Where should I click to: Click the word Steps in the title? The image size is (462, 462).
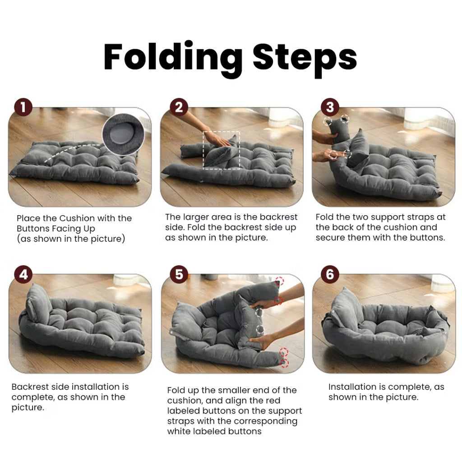[x=305, y=58]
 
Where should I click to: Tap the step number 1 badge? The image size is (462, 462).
[x=23, y=108]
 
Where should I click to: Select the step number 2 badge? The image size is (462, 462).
[x=179, y=108]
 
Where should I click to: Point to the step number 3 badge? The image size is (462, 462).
[x=330, y=108]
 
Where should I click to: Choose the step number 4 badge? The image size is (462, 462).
[x=23, y=275]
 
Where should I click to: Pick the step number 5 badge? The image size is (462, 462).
[x=179, y=275]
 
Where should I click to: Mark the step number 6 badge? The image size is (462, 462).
[x=330, y=275]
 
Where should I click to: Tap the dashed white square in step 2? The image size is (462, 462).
[x=222, y=150]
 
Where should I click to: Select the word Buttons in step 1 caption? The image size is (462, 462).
[x=35, y=229]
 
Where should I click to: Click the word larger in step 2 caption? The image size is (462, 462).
[x=199, y=217]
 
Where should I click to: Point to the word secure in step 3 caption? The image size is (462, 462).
[x=330, y=238]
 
